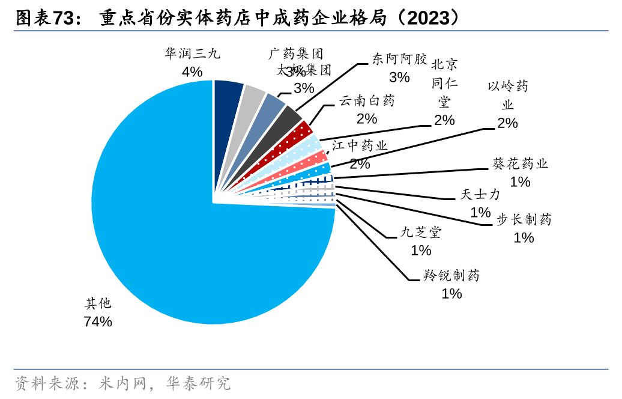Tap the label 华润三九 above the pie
coord(192,54)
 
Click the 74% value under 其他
coord(98,321)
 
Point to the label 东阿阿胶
coord(399,59)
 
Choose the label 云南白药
coord(367,100)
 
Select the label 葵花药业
coord(520,163)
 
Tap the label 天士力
coord(480,195)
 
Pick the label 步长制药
coord(524,219)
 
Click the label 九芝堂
coord(421,232)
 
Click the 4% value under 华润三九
coord(192,72)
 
